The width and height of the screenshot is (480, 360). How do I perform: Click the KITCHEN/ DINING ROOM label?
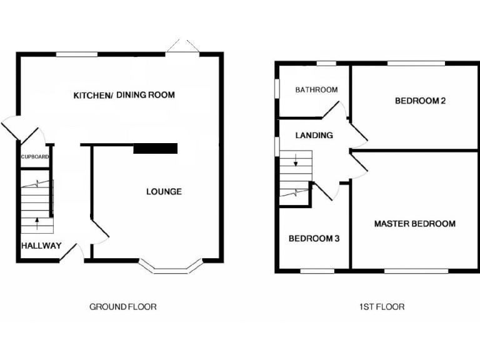124,95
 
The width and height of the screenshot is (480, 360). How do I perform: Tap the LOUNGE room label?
164,191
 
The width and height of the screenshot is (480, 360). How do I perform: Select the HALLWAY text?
41,246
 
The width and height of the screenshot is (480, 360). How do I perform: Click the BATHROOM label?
316,90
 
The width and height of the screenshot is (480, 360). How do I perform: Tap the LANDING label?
314,135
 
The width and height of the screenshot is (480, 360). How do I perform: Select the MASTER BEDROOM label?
414,224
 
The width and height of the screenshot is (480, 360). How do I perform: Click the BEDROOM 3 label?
313,238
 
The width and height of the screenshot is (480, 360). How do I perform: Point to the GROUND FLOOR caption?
122,307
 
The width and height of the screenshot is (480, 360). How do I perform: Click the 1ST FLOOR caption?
381,307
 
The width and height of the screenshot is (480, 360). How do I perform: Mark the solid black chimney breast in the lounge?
156,148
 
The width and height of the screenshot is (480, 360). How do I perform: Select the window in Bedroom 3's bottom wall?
317,271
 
